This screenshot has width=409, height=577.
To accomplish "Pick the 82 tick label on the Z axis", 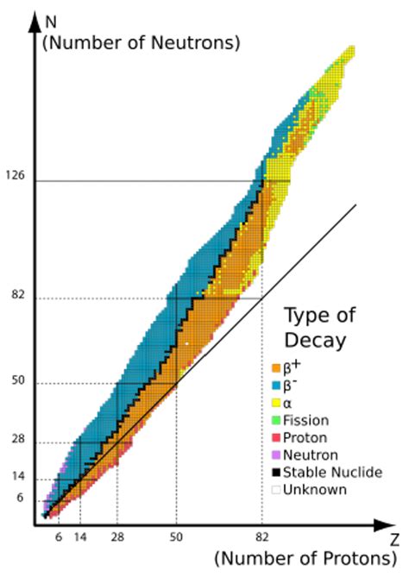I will click(x=261, y=536).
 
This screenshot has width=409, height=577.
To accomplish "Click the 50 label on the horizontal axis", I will click(x=176, y=536).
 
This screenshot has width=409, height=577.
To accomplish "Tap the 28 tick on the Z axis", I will click(x=117, y=536).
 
